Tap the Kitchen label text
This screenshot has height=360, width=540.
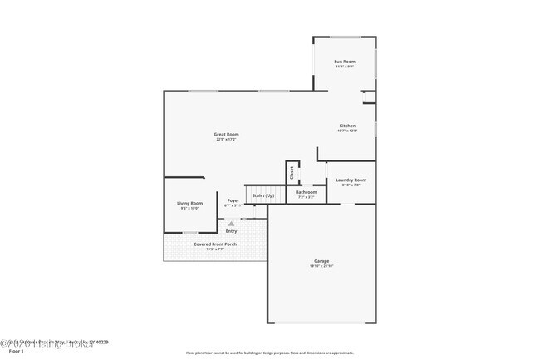click(x=347, y=126)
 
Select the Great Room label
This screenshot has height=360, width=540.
click(x=226, y=134)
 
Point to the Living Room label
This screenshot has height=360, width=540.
click(x=189, y=203)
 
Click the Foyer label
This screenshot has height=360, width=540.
click(x=233, y=200)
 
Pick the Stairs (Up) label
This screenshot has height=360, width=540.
click(x=263, y=195)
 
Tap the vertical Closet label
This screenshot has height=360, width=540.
click(x=292, y=172)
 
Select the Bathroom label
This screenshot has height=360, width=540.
click(x=307, y=192)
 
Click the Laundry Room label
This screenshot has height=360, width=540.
click(x=351, y=180)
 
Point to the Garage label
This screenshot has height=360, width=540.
click(x=322, y=260)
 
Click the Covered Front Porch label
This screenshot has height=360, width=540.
click(x=215, y=244)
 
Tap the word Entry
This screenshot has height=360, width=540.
click(x=231, y=230)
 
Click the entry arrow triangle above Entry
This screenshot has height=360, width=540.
click(x=232, y=223)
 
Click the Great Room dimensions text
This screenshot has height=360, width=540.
click(x=226, y=139)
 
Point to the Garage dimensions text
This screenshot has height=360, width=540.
click(x=322, y=265)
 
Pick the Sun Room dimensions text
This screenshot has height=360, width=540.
click(x=344, y=67)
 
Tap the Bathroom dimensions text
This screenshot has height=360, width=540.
click(x=307, y=197)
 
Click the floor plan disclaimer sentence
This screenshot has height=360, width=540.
click(x=269, y=353)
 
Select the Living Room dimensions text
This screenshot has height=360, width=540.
click(x=189, y=208)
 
